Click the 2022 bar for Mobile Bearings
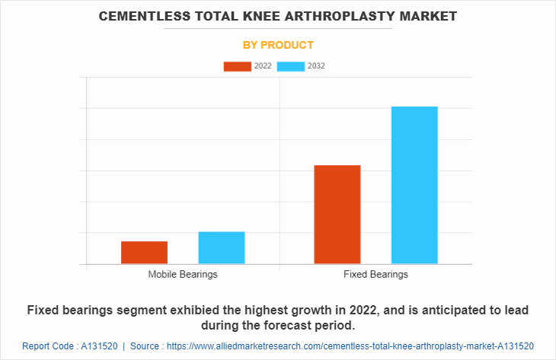coord(144,253)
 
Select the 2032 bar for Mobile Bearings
coord(222,248)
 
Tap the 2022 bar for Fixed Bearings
coord(337,215)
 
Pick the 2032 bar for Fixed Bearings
coord(414,185)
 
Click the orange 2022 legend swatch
coord(237,66)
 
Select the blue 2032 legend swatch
coord(291,66)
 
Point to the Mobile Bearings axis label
coord(183,274)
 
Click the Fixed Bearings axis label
coord(375,274)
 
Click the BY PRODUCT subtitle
coord(278,45)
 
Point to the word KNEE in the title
coord(260,15)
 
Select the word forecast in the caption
coord(296,326)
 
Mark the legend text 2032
coord(316,66)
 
